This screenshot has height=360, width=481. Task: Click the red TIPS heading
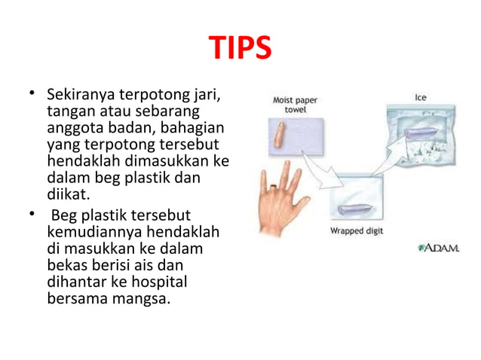coord(240,50)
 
